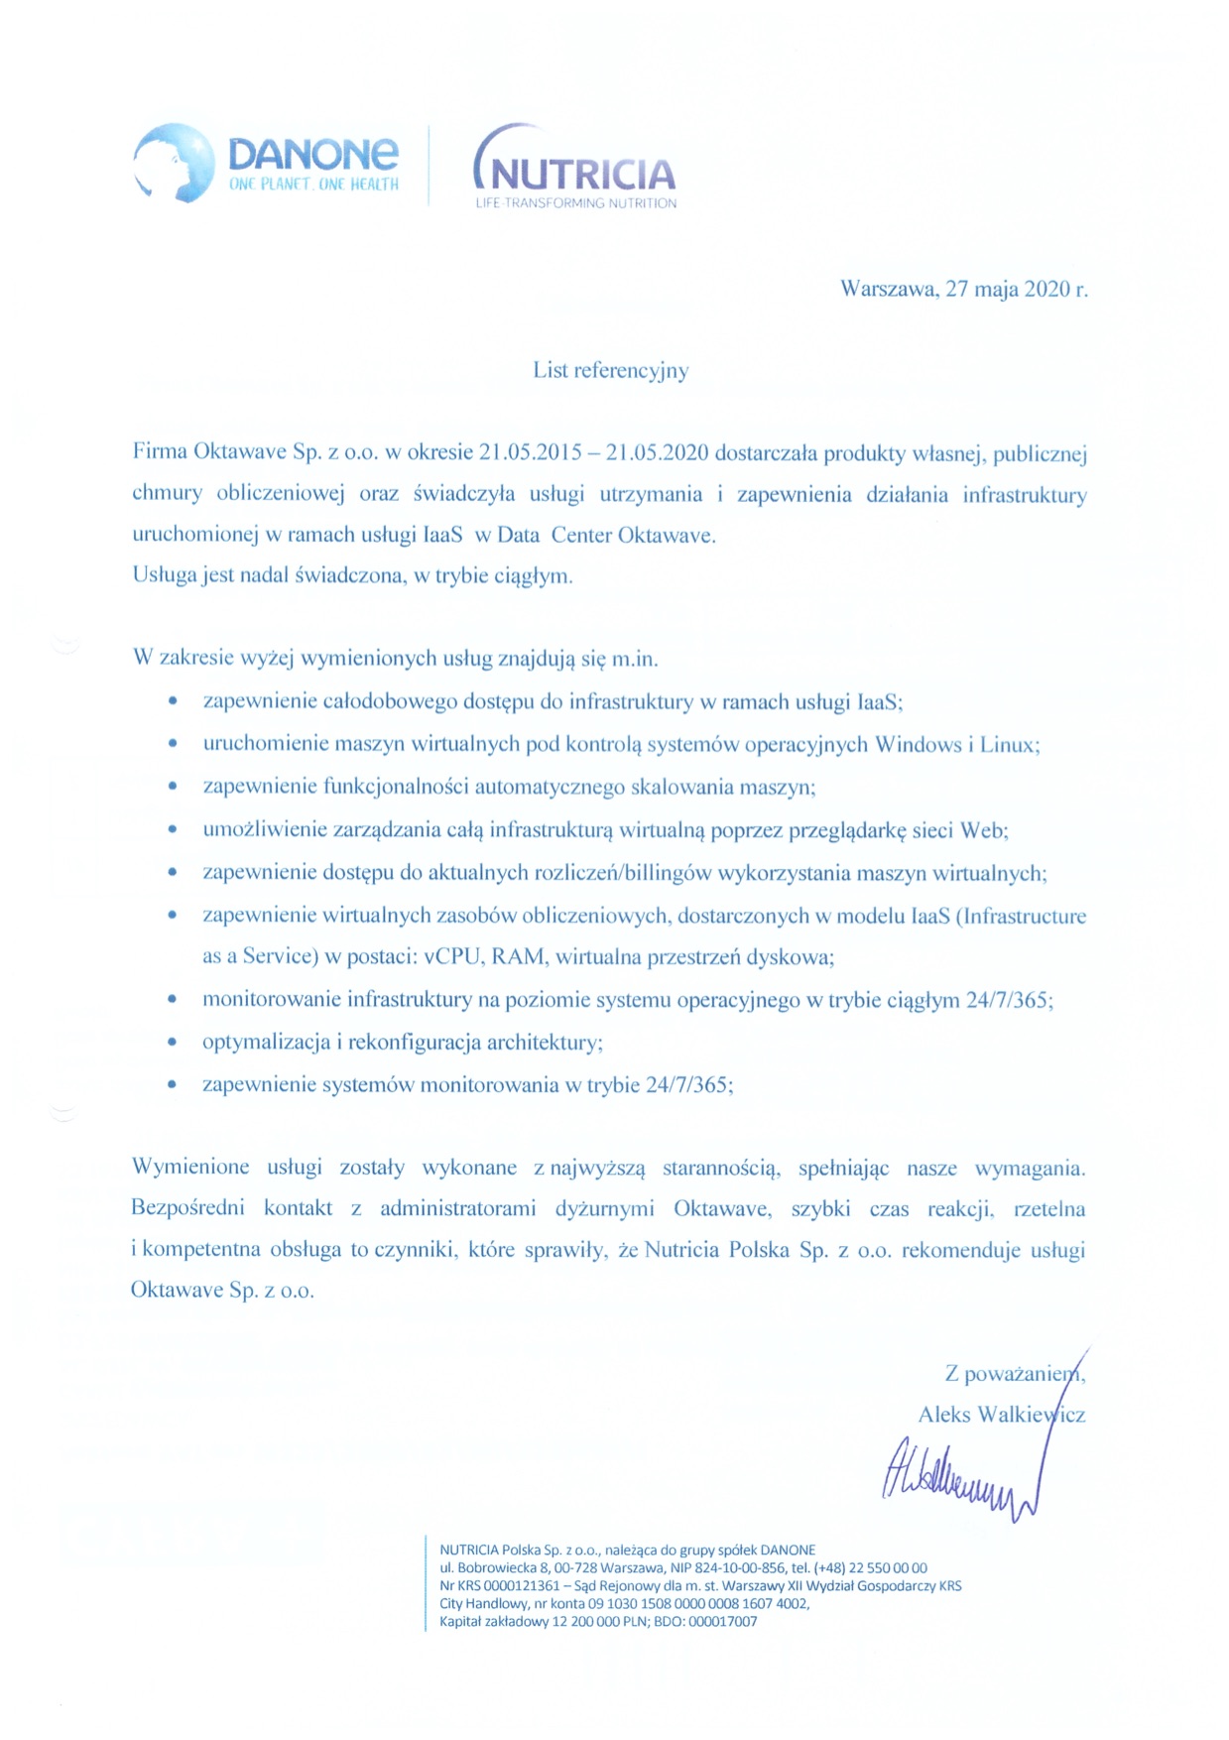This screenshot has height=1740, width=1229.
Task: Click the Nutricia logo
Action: click(x=574, y=169)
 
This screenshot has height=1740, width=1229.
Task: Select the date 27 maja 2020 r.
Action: click(x=1017, y=289)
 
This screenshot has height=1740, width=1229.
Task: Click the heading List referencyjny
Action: click(x=610, y=370)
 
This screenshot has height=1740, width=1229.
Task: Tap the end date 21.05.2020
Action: click(x=658, y=453)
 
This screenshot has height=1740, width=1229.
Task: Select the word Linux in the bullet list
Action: click(x=1008, y=744)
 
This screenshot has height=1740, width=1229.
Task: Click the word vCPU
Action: click(x=452, y=956)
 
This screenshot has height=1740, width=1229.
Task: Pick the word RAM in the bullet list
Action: click(x=518, y=956)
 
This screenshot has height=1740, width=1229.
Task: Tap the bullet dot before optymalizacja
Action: click(x=173, y=1043)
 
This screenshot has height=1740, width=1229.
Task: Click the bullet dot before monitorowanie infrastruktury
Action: click(x=173, y=1000)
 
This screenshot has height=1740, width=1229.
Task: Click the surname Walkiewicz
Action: click(x=1031, y=1415)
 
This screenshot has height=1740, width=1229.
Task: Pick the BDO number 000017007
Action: click(x=721, y=1621)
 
